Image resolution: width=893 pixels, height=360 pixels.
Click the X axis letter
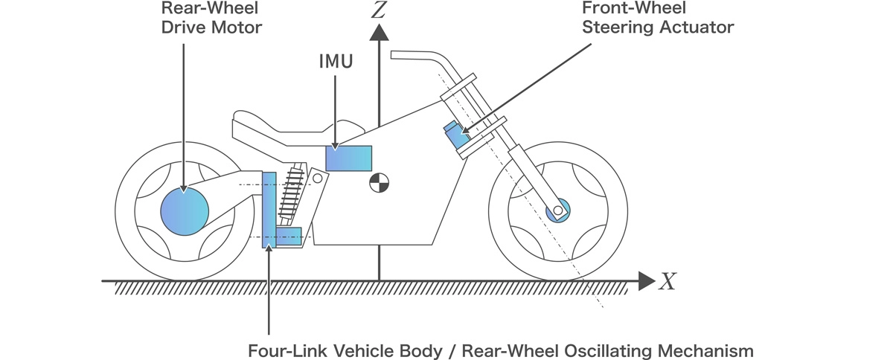(667, 281)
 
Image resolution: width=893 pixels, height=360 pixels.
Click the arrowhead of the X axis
(644, 281)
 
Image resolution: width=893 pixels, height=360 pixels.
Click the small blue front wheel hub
(557, 210)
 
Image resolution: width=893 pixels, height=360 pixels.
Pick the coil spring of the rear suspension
(290, 196)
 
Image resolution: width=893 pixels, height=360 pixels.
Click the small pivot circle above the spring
(317, 179)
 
